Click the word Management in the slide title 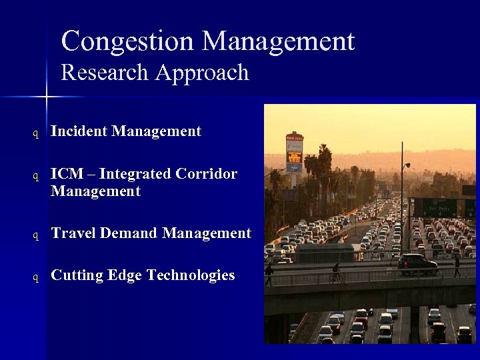coord(278,41)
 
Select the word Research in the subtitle coord(105,72)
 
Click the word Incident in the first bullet coord(79,131)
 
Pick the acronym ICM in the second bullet coord(65,174)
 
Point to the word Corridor coord(207,174)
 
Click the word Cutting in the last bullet coord(76,275)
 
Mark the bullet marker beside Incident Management coord(37,133)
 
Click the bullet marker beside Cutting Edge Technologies coord(37,277)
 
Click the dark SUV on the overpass coord(418,264)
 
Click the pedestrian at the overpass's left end coord(269,274)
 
